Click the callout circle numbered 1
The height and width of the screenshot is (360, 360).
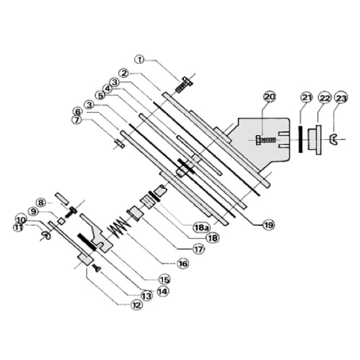point(140,60)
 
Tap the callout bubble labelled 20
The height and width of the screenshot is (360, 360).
point(270,96)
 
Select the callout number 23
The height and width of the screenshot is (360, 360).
point(341,98)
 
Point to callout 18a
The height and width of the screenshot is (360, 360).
point(200,228)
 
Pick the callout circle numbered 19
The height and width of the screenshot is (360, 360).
point(269,225)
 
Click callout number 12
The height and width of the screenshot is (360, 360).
point(136,305)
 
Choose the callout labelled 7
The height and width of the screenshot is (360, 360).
point(76,119)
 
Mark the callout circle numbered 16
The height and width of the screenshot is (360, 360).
point(183,264)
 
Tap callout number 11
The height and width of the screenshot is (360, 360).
point(18,228)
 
